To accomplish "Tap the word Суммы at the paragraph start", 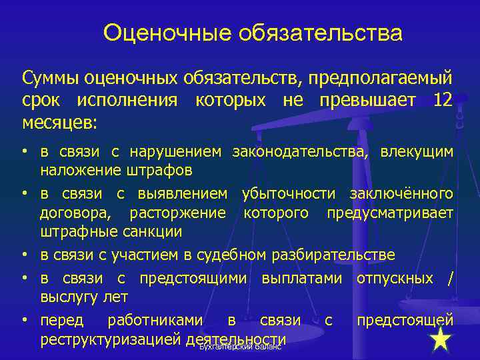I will coord(51,79).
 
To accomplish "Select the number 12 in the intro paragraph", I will coord(442,101).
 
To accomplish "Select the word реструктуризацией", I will coord(111,339).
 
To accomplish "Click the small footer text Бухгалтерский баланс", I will coord(241,347).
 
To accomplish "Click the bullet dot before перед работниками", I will coord(23,319).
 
